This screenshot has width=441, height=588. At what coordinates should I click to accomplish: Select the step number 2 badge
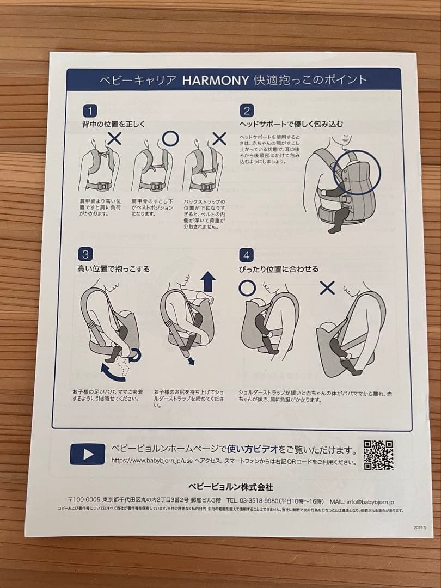click(246, 111)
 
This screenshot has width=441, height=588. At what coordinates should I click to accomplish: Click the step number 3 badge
click(85, 254)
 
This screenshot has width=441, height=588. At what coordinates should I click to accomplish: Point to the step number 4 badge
click(247, 255)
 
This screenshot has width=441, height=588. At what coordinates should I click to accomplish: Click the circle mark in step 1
click(170, 138)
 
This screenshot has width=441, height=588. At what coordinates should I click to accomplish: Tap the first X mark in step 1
click(114, 138)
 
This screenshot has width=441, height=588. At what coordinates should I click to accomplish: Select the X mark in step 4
click(327, 287)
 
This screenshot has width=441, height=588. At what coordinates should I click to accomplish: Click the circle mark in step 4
click(247, 287)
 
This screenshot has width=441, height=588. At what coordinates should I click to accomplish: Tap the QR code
click(378, 455)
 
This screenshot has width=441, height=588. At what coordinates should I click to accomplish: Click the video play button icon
click(87, 454)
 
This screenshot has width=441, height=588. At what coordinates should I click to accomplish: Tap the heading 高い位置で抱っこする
click(113, 268)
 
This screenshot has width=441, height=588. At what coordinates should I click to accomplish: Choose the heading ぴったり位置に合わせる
click(279, 268)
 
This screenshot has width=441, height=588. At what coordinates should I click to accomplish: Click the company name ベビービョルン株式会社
click(230, 486)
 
